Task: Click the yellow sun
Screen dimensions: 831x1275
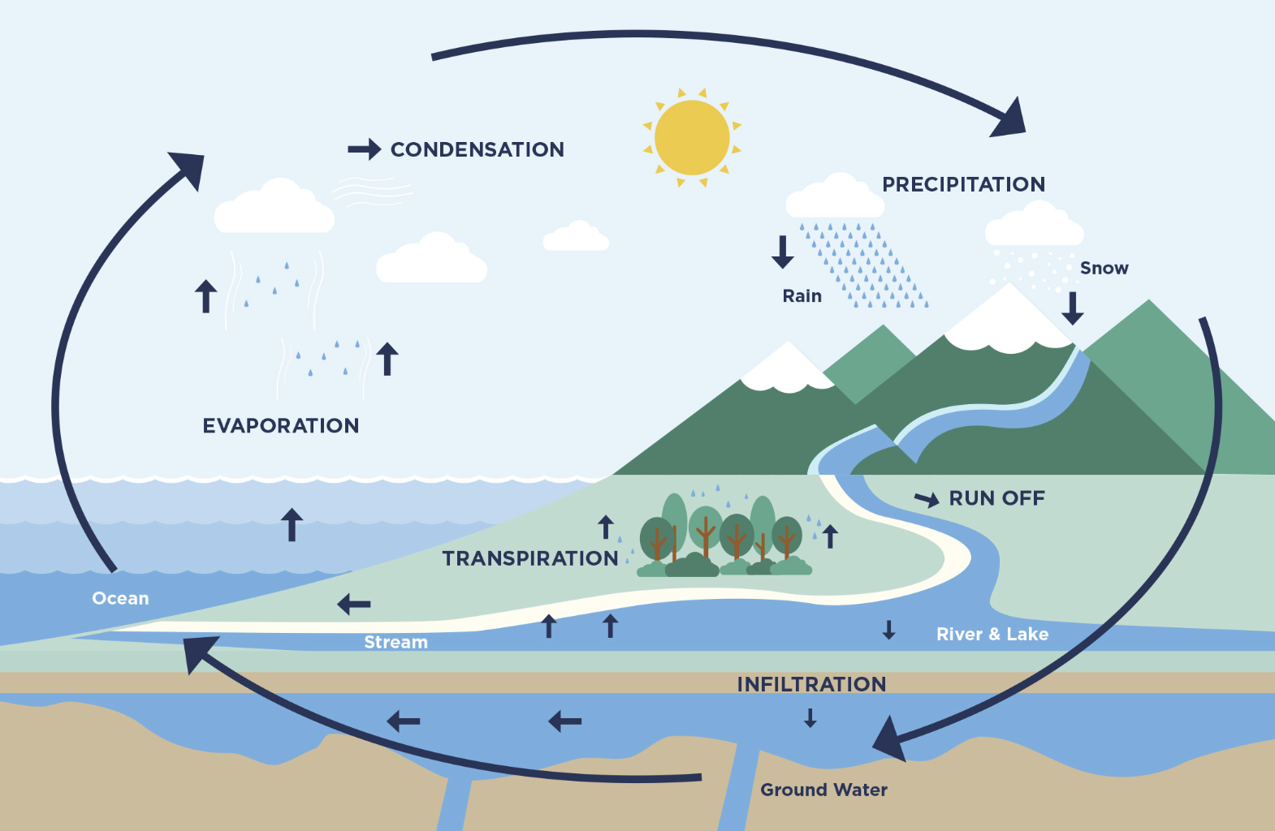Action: (692, 137)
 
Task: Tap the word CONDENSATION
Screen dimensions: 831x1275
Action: (477, 149)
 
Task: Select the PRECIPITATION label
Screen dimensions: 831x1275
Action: (963, 184)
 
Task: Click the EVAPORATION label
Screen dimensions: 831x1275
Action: (280, 425)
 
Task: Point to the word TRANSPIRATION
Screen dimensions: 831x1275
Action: (529, 558)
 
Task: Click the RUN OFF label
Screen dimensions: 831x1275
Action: (996, 498)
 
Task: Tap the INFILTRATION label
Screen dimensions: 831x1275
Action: (810, 684)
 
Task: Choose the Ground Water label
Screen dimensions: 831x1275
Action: (823, 790)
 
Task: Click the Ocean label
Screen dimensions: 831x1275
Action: (120, 598)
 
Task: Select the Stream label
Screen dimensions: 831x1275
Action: (395, 642)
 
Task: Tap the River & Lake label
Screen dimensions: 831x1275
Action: (992, 634)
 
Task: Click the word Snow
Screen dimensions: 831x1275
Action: (1104, 268)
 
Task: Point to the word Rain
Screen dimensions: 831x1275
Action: (802, 296)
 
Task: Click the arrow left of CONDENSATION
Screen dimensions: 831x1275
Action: (364, 149)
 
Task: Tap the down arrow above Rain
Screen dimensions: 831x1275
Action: (783, 252)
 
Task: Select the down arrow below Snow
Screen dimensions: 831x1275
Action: (1073, 308)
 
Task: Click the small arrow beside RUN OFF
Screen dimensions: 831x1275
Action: (927, 499)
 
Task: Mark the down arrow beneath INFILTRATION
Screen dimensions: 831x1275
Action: (810, 717)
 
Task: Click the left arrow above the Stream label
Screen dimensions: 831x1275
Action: (354, 604)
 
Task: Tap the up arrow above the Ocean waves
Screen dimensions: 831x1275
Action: (292, 524)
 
